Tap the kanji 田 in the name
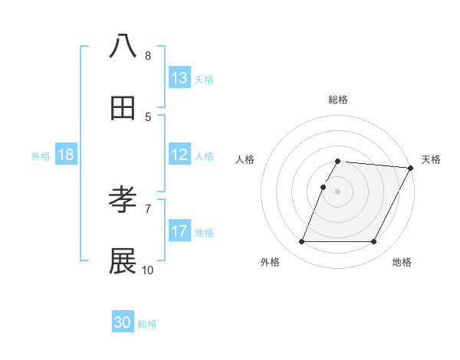123,108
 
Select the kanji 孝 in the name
123,200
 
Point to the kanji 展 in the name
123,261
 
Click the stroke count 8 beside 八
148,55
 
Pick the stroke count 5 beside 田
148,116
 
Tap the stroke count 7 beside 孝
148,208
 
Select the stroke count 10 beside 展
148,270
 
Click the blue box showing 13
179,78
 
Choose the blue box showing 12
179,155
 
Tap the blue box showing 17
179,231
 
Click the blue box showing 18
66,155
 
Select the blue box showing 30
123,323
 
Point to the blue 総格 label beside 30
147,324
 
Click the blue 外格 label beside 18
41,155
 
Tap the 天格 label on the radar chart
431,159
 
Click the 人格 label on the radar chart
245,159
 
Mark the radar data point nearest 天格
411,168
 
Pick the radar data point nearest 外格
302,242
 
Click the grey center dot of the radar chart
338,191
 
